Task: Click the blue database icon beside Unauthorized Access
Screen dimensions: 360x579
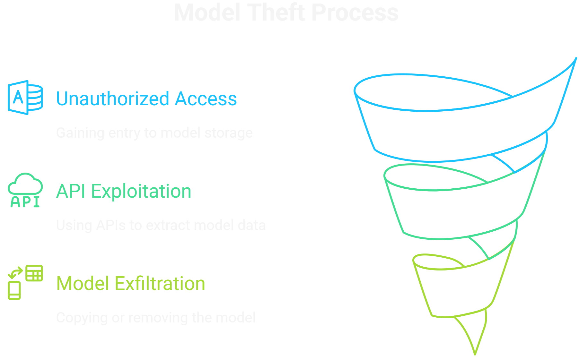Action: pyautogui.click(x=25, y=98)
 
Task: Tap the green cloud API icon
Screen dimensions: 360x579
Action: pyautogui.click(x=25, y=190)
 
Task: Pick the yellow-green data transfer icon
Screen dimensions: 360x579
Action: pyautogui.click(x=25, y=282)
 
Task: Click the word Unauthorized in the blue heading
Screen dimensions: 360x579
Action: pyautogui.click(x=113, y=99)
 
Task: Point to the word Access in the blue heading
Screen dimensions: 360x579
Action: pyautogui.click(x=206, y=99)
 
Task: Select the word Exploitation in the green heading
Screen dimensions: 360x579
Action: pyautogui.click(x=141, y=191)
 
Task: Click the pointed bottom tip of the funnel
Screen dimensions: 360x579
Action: pyautogui.click(x=475, y=353)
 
